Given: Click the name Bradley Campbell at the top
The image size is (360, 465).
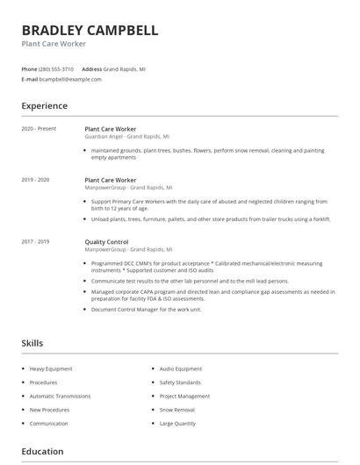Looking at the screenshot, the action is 90,31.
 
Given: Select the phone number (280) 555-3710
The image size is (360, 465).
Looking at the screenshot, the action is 57,68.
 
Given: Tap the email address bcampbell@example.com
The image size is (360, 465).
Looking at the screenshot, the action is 70,79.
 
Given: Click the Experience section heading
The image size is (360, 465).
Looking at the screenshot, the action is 44,106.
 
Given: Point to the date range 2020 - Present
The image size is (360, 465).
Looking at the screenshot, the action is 39,129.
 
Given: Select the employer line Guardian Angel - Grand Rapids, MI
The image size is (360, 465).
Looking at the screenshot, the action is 126,137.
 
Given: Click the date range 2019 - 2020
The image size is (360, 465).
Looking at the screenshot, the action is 36,180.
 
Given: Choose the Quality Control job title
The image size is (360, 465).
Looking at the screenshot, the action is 106,241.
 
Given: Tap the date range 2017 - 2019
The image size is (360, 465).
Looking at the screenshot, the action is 36,241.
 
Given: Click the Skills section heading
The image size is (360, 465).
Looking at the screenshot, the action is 32,343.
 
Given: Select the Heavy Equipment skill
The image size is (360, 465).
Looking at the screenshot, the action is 51,369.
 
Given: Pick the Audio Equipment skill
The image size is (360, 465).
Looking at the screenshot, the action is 181,369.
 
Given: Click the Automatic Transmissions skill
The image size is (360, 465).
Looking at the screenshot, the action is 60,397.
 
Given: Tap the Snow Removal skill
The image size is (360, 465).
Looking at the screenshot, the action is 178,410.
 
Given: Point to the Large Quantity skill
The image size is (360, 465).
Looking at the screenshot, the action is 178,424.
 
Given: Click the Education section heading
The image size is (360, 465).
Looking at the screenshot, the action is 42,452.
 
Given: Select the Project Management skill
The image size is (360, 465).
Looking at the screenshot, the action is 184,397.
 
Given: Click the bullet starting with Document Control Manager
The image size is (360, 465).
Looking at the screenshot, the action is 146,309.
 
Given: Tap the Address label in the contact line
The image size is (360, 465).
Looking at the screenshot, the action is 91,68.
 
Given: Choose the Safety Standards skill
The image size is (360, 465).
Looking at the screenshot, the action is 181,383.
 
